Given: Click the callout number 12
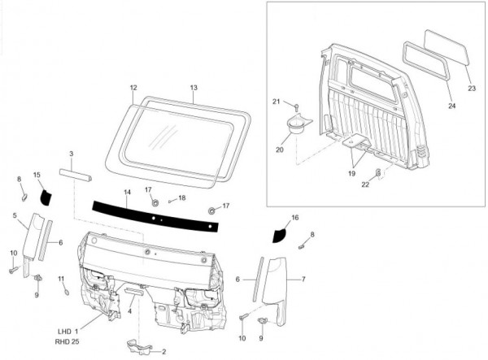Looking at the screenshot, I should (x=133, y=87).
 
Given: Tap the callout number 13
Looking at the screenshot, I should (x=194, y=87).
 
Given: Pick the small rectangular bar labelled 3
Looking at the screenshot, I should (x=74, y=175).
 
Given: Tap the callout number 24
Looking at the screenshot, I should (x=449, y=106).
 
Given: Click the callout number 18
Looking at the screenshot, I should (x=181, y=197).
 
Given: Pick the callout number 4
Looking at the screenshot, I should (x=130, y=310).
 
